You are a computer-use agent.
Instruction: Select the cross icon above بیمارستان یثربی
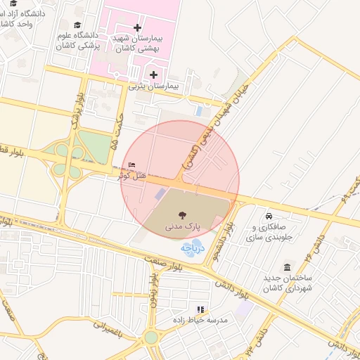pos(153,75)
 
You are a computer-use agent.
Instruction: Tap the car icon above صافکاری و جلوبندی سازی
pos(269,215)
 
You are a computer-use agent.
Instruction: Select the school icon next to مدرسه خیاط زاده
pos(201,309)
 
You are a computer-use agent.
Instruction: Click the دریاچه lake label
pos(192,247)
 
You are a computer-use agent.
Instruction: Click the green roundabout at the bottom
pos(151,337)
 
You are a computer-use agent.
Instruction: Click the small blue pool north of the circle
pos(201,111)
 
